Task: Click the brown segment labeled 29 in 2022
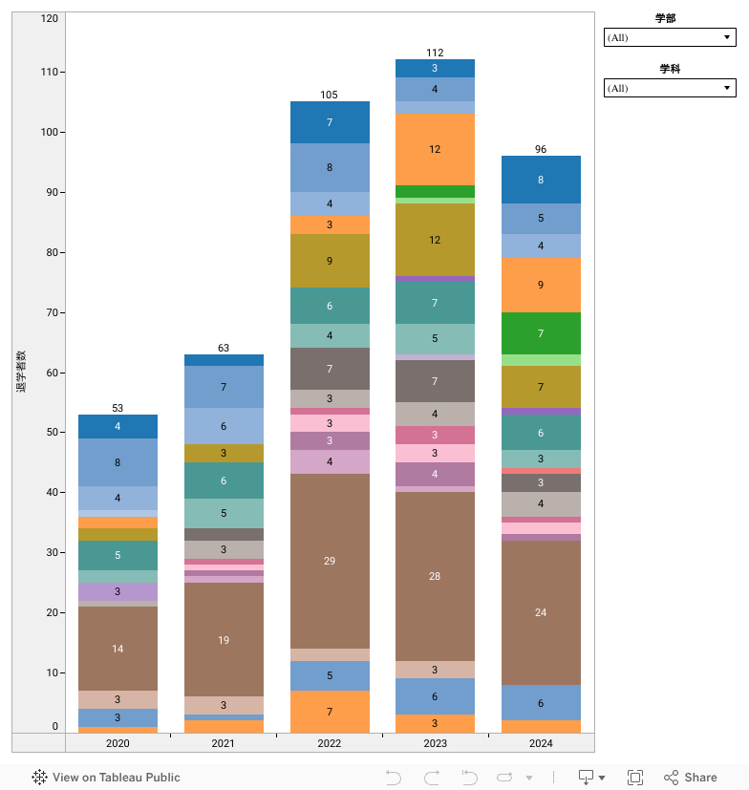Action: tap(330, 561)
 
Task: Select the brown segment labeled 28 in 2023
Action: tap(435, 576)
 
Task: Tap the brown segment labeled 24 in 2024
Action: tap(541, 612)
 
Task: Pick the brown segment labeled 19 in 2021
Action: tap(224, 640)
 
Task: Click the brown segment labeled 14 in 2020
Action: tap(118, 649)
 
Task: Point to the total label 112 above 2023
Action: tap(435, 53)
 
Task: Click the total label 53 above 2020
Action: tap(118, 408)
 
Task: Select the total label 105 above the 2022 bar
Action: tap(330, 95)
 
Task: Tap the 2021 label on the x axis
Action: tap(224, 743)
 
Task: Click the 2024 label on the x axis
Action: tap(541, 743)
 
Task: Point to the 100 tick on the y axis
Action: tap(49, 132)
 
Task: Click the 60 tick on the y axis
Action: tap(52, 372)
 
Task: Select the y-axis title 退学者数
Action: tap(21, 372)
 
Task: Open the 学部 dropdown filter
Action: tap(670, 37)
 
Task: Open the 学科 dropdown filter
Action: tap(670, 88)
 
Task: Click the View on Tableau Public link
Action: tap(106, 778)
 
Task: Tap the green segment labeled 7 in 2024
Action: tap(541, 333)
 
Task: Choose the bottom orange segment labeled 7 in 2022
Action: tap(330, 712)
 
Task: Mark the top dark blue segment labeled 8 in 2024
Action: tap(541, 180)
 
